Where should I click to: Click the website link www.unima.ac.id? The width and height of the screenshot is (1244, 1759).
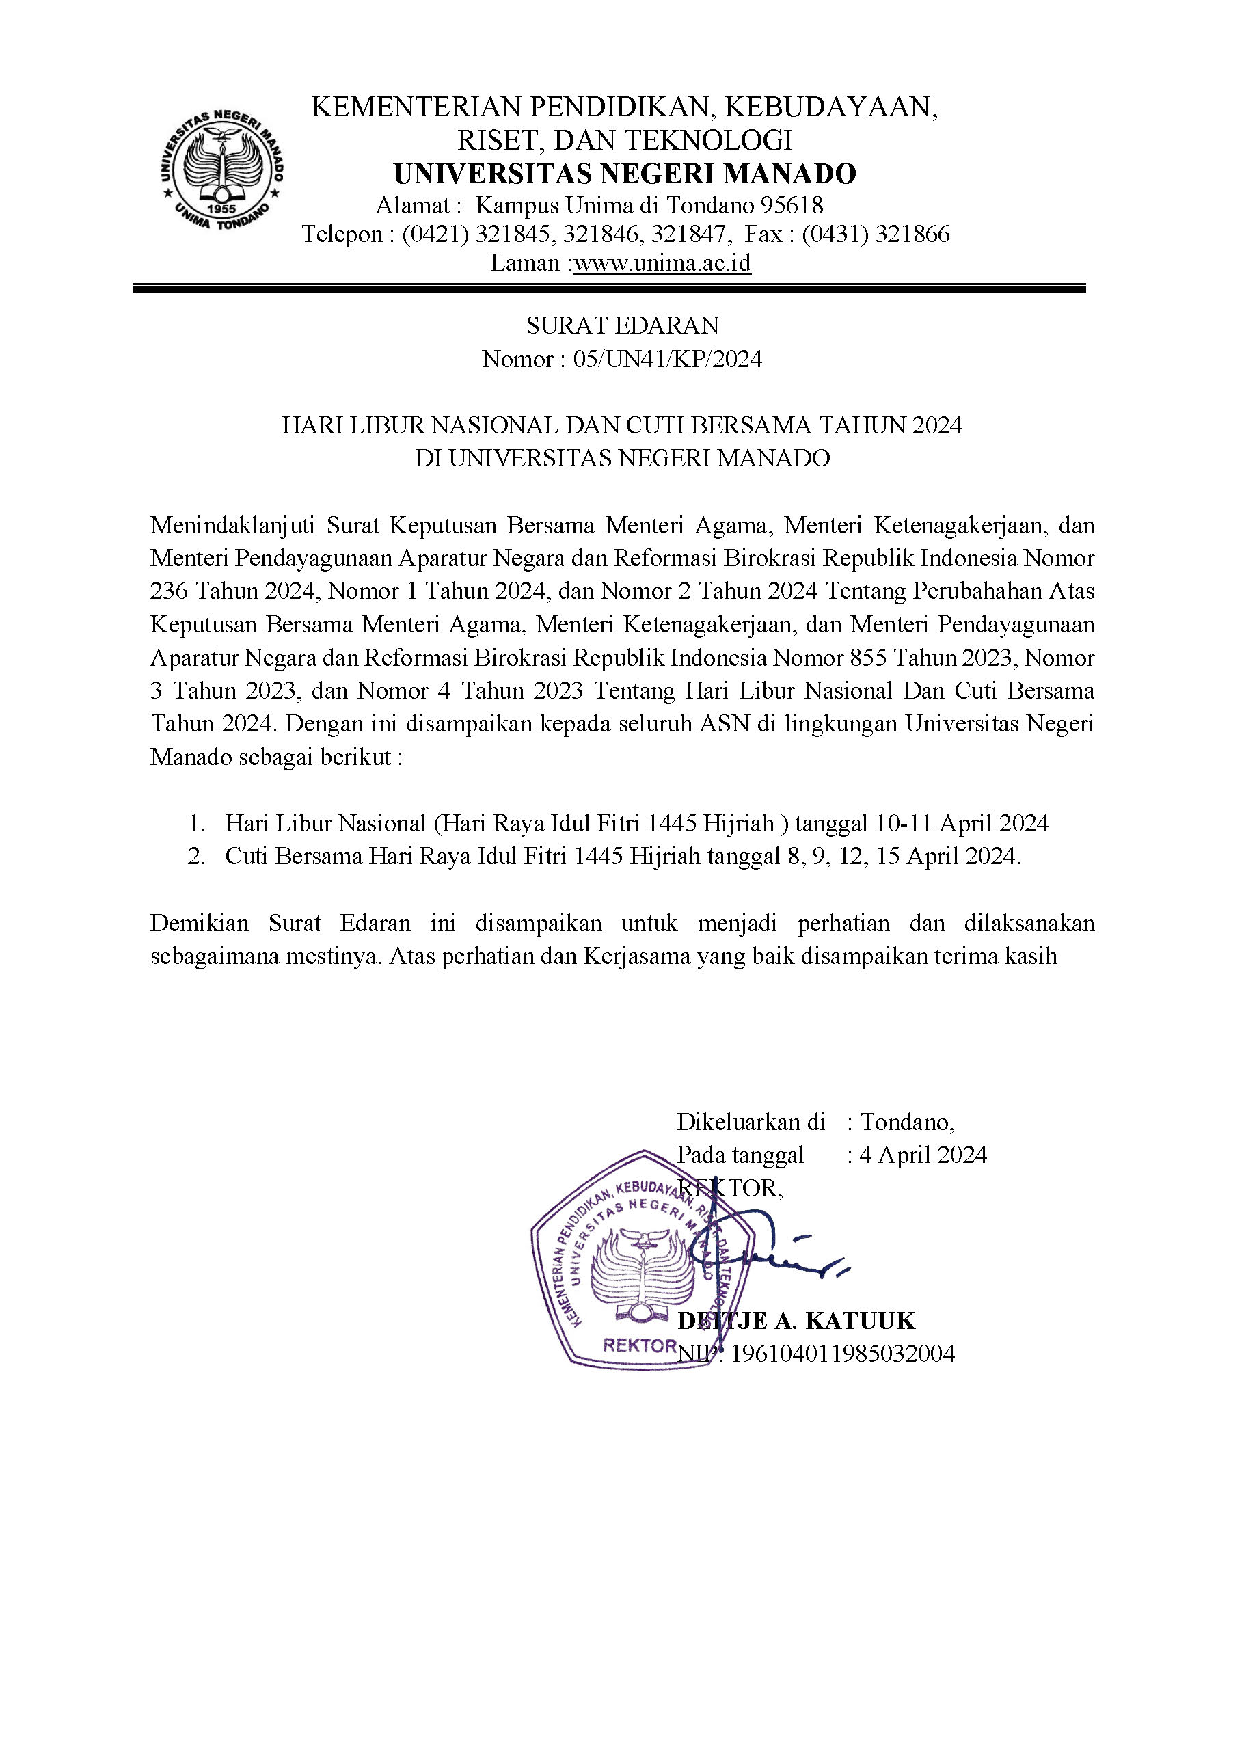662,264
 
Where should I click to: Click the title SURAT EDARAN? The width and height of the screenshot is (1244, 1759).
622,325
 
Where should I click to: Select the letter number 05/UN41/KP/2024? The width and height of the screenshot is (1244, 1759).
667,360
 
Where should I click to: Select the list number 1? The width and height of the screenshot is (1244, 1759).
197,824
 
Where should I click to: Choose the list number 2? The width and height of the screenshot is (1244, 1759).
197,857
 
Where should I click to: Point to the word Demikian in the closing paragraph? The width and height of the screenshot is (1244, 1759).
199,923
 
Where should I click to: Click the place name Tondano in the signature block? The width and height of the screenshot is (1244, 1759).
907,1123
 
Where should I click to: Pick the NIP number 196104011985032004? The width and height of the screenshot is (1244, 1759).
843,1354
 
